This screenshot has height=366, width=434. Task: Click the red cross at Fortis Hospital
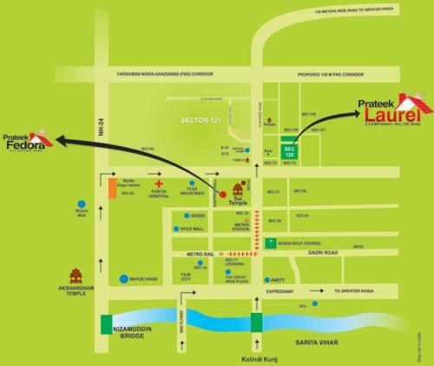(158, 185)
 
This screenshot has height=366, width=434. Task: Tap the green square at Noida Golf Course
(273, 242)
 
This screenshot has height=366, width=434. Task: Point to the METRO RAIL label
(187, 251)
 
